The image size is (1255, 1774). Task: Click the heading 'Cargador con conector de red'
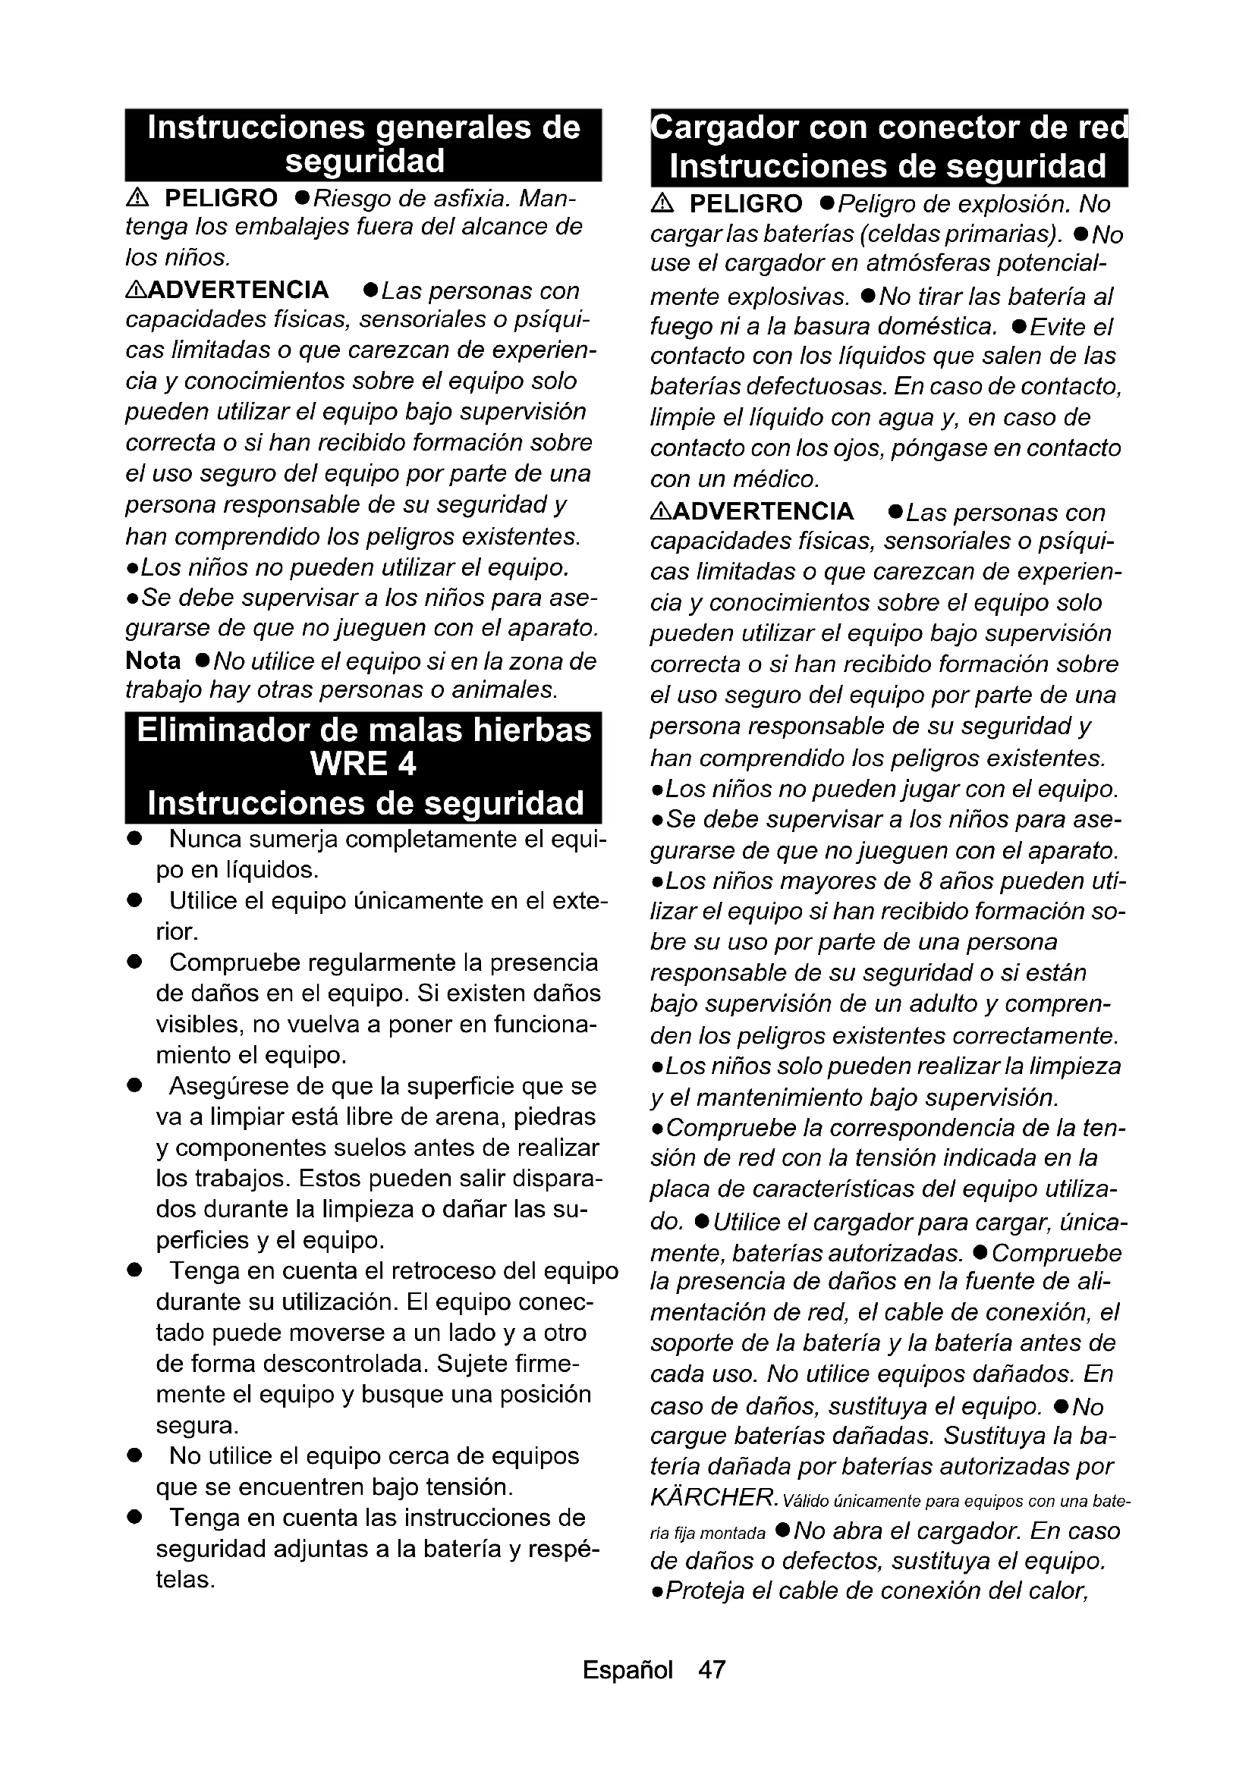(x=889, y=128)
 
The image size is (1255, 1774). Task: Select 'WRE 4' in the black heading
(x=363, y=765)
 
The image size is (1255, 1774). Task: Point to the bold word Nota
(x=153, y=661)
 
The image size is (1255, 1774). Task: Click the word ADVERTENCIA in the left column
(x=238, y=290)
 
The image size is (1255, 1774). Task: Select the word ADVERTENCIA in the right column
(x=763, y=511)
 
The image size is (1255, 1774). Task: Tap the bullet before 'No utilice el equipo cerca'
(x=135, y=1455)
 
